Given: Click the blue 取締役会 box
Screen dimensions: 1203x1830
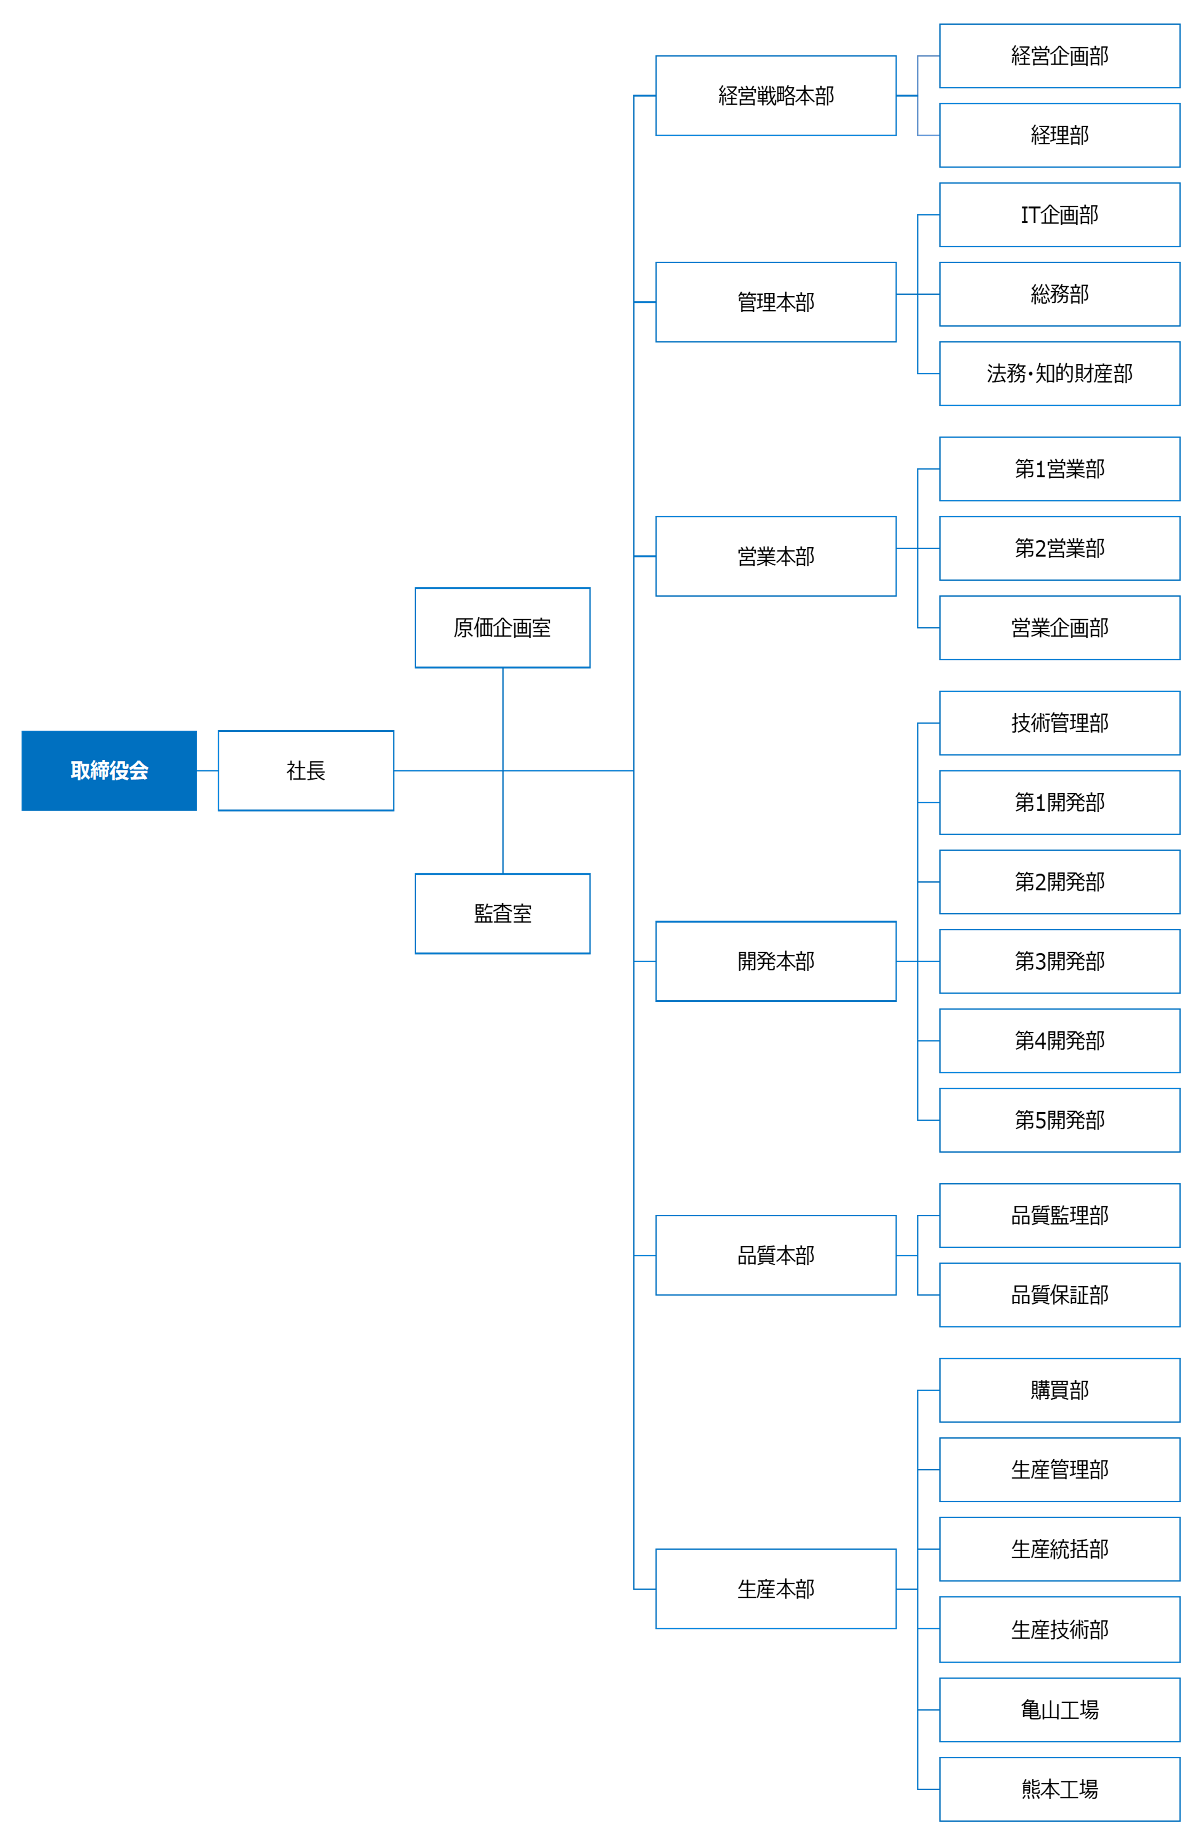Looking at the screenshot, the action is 109,770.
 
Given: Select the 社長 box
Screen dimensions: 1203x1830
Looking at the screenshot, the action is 306,770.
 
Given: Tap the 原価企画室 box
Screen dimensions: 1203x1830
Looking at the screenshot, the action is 503,627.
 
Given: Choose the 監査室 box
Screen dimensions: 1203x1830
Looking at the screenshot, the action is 503,914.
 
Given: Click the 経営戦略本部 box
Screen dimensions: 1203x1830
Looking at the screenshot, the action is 776,95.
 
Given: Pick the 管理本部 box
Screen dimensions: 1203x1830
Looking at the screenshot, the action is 776,302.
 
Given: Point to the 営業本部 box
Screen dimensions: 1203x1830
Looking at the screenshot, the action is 776,556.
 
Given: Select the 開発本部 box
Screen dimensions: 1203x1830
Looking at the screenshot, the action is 776,961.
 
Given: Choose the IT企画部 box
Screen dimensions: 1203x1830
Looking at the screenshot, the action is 1059,214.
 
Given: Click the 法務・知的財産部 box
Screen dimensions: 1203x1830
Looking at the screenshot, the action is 1059,374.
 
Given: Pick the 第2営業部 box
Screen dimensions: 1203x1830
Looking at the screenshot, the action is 1059,548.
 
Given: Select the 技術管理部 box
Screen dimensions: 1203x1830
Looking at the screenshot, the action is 1059,723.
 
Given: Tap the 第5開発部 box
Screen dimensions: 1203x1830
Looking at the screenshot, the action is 1059,1120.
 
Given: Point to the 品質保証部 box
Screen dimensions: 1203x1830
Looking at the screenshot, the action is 1059,1295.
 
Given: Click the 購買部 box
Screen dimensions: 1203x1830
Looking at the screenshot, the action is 1059,1390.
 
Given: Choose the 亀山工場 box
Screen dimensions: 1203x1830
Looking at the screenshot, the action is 1059,1710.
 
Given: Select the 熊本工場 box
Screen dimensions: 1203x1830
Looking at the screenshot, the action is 1059,1789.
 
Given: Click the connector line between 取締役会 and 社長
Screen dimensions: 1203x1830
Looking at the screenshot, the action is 208,770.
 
